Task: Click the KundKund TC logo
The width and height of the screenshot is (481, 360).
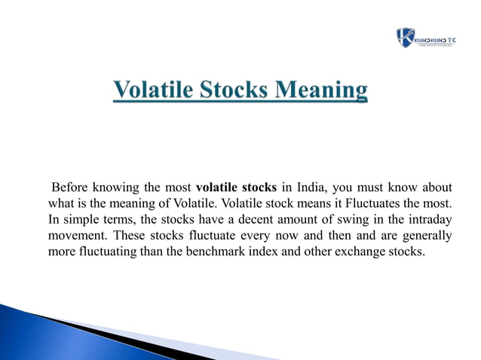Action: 425,38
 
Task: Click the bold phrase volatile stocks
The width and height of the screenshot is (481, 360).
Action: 236,188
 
